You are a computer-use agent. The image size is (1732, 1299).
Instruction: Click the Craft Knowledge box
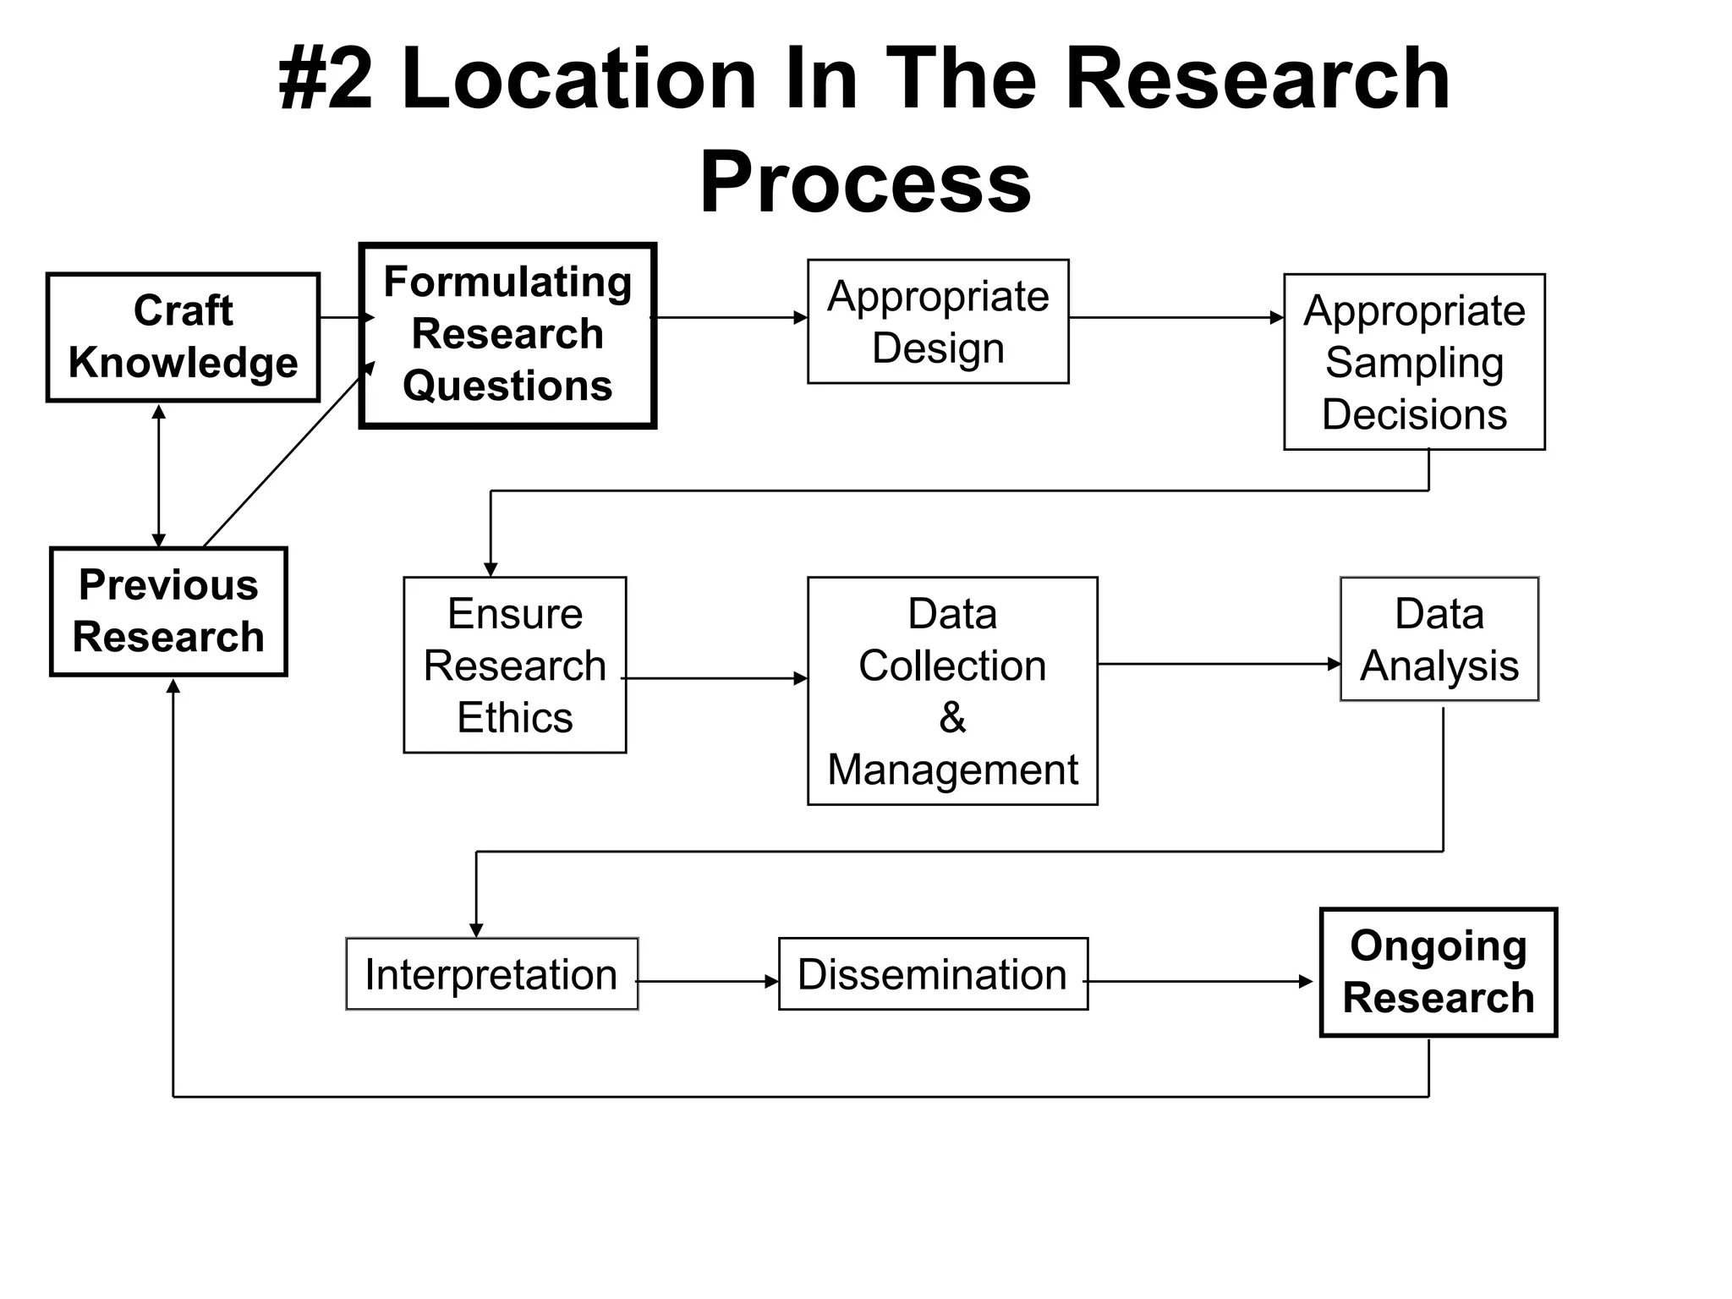pyautogui.click(x=183, y=337)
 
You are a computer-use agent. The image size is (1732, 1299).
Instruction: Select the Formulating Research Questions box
pyautogui.click(x=507, y=335)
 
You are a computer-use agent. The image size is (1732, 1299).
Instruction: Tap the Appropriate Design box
pyautogui.click(x=938, y=321)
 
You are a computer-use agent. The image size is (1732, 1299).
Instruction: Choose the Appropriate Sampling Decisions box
pyautogui.click(x=1414, y=362)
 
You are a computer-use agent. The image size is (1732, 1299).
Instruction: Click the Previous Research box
pyautogui.click(x=168, y=611)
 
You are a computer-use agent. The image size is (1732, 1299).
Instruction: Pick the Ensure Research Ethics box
pyautogui.click(x=515, y=665)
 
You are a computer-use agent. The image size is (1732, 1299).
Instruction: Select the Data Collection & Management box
pyautogui.click(x=952, y=691)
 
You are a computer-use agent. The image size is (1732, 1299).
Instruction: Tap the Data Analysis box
pyautogui.click(x=1439, y=639)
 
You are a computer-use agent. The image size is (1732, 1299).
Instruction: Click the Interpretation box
pyautogui.click(x=491, y=974)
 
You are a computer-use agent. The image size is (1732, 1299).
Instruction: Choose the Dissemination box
pyautogui.click(x=933, y=974)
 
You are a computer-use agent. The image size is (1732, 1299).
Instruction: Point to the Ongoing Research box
pyautogui.click(x=1439, y=972)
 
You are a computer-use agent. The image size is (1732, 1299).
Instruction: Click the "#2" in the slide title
pyautogui.click(x=326, y=80)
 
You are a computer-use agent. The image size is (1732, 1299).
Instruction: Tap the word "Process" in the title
pyautogui.click(x=865, y=182)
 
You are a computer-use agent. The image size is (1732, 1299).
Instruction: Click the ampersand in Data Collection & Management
pyautogui.click(x=952, y=717)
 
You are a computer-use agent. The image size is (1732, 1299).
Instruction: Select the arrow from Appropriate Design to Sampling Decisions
pyautogui.click(x=1176, y=318)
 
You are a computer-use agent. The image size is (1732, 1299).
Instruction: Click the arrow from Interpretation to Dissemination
pyautogui.click(x=708, y=982)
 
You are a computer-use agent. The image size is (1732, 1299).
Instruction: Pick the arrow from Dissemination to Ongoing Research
pyautogui.click(x=1199, y=982)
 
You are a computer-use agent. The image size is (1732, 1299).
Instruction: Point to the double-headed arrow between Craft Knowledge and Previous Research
pyautogui.click(x=158, y=475)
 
